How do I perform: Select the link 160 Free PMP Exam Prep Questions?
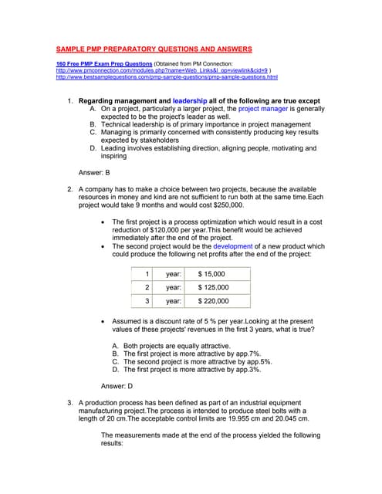coord(103,63)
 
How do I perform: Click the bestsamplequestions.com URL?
coord(167,77)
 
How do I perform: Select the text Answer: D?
coord(117,385)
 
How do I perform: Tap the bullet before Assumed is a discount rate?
coord(104,320)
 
